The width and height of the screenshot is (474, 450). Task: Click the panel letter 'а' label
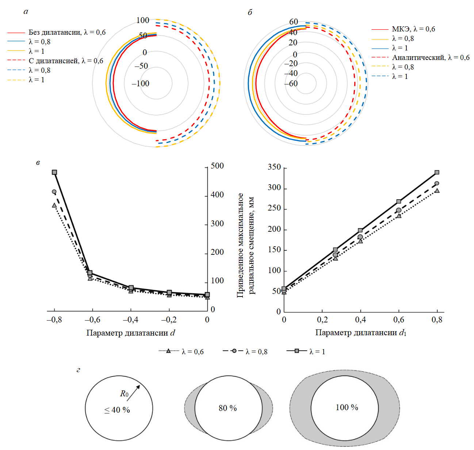(26, 12)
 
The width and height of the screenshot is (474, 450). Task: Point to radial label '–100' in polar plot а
(141, 83)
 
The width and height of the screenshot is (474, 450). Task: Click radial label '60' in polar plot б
(293, 22)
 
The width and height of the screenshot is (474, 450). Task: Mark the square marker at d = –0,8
(54, 172)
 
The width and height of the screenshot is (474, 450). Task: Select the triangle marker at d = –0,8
(54, 205)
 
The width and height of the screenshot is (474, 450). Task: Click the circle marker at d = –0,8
(54, 192)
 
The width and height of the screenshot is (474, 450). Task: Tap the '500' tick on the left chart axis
(217, 166)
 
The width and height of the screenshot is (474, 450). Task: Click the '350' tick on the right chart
(274, 167)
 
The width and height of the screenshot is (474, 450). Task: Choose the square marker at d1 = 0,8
(437, 173)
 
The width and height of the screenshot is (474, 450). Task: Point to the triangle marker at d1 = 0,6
(399, 216)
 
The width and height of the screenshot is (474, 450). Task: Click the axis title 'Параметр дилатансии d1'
(360, 333)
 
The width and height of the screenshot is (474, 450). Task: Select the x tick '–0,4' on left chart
(130, 320)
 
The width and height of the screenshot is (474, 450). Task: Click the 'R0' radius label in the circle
(124, 394)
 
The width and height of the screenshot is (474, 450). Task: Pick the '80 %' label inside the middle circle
(228, 408)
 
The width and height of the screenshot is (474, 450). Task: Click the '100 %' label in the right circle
(347, 407)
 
